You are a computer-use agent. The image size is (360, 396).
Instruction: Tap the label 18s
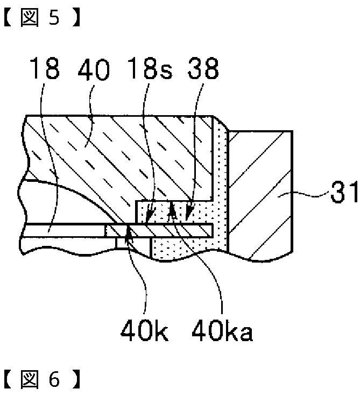pos(150,68)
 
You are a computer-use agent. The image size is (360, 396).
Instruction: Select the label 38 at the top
pos(203,68)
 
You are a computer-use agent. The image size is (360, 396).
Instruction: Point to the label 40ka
pos(222,330)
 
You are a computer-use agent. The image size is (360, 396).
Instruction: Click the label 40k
pos(144,330)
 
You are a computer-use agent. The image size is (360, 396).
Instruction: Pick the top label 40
pos(94,69)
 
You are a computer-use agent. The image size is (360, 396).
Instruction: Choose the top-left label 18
pos(45,68)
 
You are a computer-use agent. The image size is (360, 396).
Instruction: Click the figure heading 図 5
pos(42,17)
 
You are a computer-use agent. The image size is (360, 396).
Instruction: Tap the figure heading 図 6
pos(42,379)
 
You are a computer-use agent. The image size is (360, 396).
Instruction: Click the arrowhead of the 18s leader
pos(149,217)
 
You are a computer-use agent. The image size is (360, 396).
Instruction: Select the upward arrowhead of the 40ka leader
pos(172,209)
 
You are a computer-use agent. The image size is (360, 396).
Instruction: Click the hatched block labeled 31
pos(260,194)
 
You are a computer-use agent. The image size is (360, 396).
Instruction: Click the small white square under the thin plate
pos(121,243)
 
